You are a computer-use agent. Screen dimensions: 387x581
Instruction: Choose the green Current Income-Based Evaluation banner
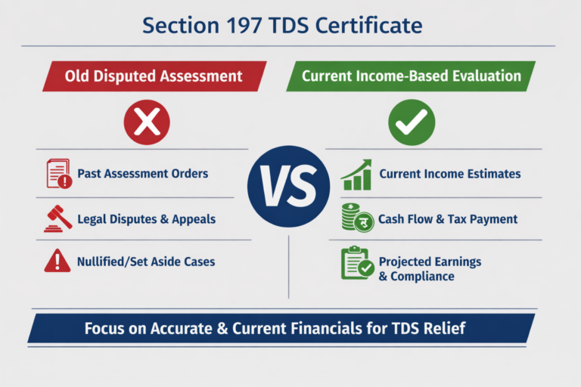coord(411,76)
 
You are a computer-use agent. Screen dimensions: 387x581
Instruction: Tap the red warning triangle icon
coord(57,261)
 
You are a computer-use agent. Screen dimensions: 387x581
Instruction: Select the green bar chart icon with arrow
coord(356,174)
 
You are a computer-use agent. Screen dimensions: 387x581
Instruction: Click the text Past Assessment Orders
coord(143,174)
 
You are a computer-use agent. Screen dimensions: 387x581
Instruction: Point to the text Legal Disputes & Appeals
coord(147,219)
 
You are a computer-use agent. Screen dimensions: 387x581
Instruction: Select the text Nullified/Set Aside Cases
coord(146,262)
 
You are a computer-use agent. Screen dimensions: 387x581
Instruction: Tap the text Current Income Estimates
coord(450,174)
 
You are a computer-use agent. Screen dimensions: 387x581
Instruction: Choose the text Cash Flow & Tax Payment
coord(449,219)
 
